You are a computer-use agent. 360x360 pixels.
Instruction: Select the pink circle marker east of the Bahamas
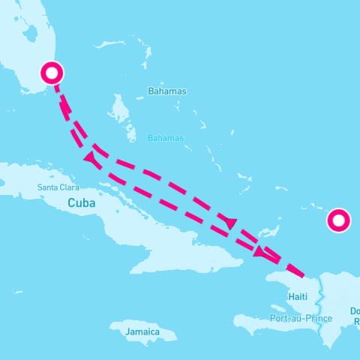click(x=338, y=220)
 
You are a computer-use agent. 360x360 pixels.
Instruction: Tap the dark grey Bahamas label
click(x=168, y=91)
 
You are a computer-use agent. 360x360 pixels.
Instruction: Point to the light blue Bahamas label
click(x=165, y=138)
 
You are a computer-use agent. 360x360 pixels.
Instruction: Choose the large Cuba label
click(x=82, y=202)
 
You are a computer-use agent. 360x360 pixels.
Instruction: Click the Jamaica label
click(x=142, y=331)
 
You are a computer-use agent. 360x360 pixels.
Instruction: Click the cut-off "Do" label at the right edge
click(x=354, y=310)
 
